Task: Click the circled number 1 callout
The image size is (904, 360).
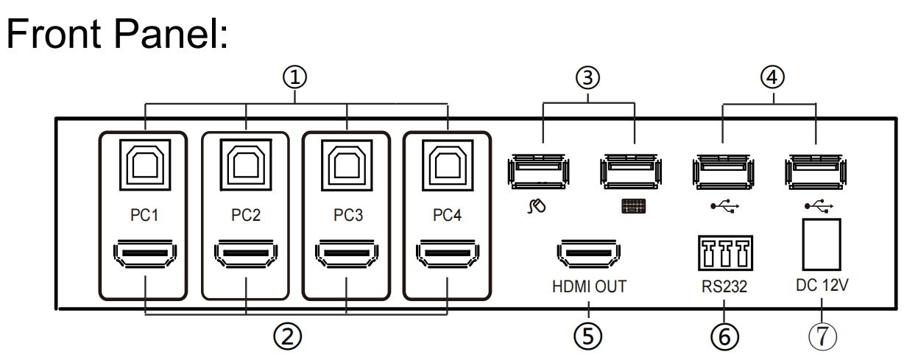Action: tap(294, 77)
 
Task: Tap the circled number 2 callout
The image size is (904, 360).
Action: tap(287, 336)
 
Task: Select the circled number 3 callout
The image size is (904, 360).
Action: tap(587, 77)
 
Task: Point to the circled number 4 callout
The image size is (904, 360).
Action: tap(772, 77)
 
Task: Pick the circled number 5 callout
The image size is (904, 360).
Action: tap(587, 336)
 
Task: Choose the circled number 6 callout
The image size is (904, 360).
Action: tap(725, 336)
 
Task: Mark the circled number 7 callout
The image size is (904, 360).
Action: tap(822, 336)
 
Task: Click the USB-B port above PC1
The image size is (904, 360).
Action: tap(145, 165)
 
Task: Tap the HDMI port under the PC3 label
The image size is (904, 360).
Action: tap(347, 254)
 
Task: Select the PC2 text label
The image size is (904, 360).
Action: tap(246, 215)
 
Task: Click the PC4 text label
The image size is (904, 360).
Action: tap(447, 215)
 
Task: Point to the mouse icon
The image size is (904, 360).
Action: tap(537, 206)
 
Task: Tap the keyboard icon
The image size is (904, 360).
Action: tap(633, 206)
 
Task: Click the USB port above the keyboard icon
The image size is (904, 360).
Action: tap(631, 171)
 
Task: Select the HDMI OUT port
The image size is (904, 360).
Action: tap(589, 254)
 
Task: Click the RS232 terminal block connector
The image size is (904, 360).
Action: tap(725, 253)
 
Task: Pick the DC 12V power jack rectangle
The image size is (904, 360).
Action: tap(822, 244)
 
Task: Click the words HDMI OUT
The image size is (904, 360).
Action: tap(589, 286)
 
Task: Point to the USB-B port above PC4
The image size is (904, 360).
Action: tap(448, 165)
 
